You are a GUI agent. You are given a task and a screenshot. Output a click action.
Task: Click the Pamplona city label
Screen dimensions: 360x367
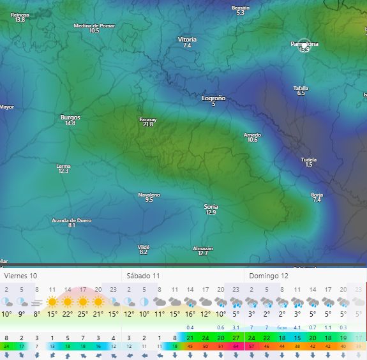(x=304, y=44)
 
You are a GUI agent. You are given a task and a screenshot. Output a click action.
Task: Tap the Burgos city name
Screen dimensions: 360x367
(x=70, y=117)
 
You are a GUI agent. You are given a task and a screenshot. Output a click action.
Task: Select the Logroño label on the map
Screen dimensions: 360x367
(x=214, y=98)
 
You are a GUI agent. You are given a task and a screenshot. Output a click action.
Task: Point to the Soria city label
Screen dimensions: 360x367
(x=211, y=207)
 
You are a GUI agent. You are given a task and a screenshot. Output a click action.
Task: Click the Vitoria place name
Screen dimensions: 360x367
(x=187, y=40)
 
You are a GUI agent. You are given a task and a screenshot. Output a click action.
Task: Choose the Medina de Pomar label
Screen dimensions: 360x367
(x=94, y=26)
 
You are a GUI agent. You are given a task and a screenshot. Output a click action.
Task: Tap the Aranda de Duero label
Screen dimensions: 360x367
(x=71, y=220)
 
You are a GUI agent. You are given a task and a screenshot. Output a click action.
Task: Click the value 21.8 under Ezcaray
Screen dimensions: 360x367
(x=148, y=124)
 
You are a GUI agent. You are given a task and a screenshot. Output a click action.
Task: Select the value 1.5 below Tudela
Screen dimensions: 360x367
(x=309, y=165)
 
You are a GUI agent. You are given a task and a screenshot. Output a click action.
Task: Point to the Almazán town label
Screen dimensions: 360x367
(x=203, y=248)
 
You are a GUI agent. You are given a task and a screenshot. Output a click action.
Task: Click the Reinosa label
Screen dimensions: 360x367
(x=20, y=15)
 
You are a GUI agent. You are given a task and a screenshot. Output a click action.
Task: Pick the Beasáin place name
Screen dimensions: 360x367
(x=241, y=8)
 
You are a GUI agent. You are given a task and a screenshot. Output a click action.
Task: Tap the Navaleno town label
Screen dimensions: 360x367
(x=149, y=195)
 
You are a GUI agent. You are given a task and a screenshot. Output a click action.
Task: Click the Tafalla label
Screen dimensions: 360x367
(x=301, y=88)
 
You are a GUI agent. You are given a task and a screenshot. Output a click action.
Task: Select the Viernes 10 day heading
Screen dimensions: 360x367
(x=21, y=276)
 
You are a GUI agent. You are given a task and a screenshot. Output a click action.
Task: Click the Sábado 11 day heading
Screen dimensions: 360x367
(x=143, y=276)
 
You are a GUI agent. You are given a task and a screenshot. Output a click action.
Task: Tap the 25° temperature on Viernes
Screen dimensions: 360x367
(x=83, y=314)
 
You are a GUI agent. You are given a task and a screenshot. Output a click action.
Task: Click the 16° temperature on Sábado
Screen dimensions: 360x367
(x=190, y=314)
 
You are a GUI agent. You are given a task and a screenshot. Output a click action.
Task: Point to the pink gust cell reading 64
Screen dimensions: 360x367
(x=236, y=346)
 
